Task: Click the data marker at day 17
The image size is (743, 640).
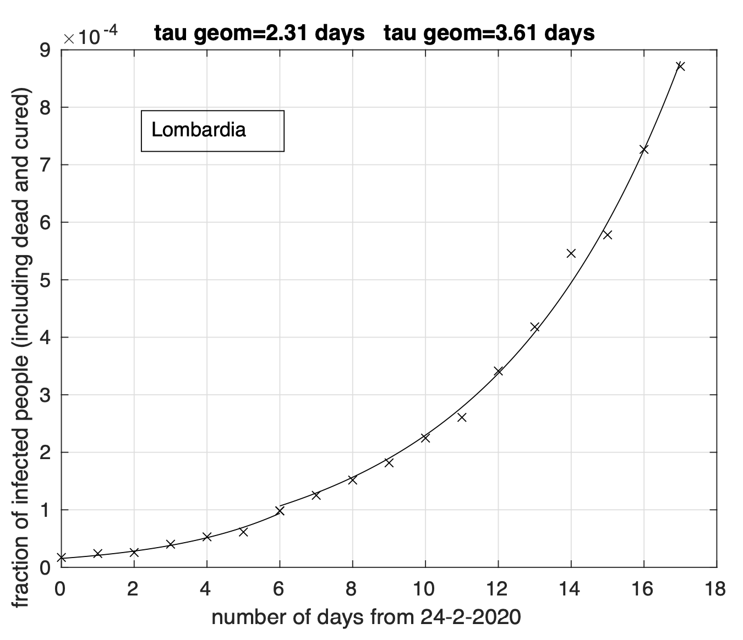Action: (x=680, y=66)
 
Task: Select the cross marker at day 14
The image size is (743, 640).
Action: (x=571, y=253)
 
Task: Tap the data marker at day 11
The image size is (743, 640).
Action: (x=462, y=417)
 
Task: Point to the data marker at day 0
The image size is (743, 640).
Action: (x=61, y=558)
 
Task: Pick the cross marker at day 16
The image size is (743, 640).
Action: (x=643, y=150)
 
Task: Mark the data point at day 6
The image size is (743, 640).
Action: (x=280, y=511)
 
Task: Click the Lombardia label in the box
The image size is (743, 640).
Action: (x=199, y=130)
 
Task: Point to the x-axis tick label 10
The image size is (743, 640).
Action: (x=425, y=590)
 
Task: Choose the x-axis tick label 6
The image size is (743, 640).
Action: (x=279, y=590)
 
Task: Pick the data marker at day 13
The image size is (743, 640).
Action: (x=534, y=327)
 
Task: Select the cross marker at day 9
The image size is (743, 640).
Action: (x=389, y=463)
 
